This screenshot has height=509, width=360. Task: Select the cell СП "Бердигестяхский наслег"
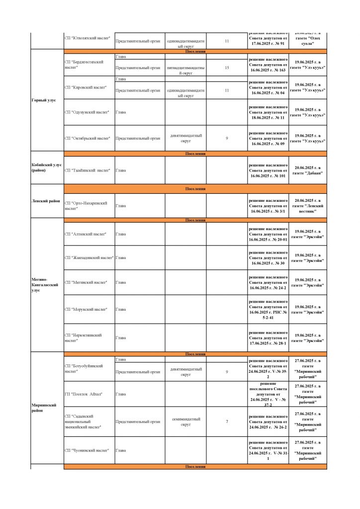pos(84,65)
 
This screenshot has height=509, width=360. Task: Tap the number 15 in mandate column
pos(227,68)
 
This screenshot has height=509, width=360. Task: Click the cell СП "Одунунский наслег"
pos(87,112)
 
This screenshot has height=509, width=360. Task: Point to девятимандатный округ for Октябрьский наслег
pos(185,138)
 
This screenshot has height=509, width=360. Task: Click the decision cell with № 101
pos(268,170)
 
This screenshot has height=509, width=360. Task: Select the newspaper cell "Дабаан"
pos(308,170)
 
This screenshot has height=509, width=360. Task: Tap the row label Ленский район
pos(45,201)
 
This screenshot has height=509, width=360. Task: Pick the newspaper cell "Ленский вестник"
pos(308,206)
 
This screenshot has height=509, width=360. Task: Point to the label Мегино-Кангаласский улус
pos(45,285)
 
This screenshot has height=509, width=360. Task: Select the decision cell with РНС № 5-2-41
pos(268,309)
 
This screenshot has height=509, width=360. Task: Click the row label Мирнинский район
pos(44,408)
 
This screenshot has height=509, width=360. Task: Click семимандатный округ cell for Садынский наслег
pos(185,422)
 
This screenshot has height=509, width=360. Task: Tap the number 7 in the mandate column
pos(227,422)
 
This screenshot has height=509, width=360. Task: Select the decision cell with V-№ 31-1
pos(268,450)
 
